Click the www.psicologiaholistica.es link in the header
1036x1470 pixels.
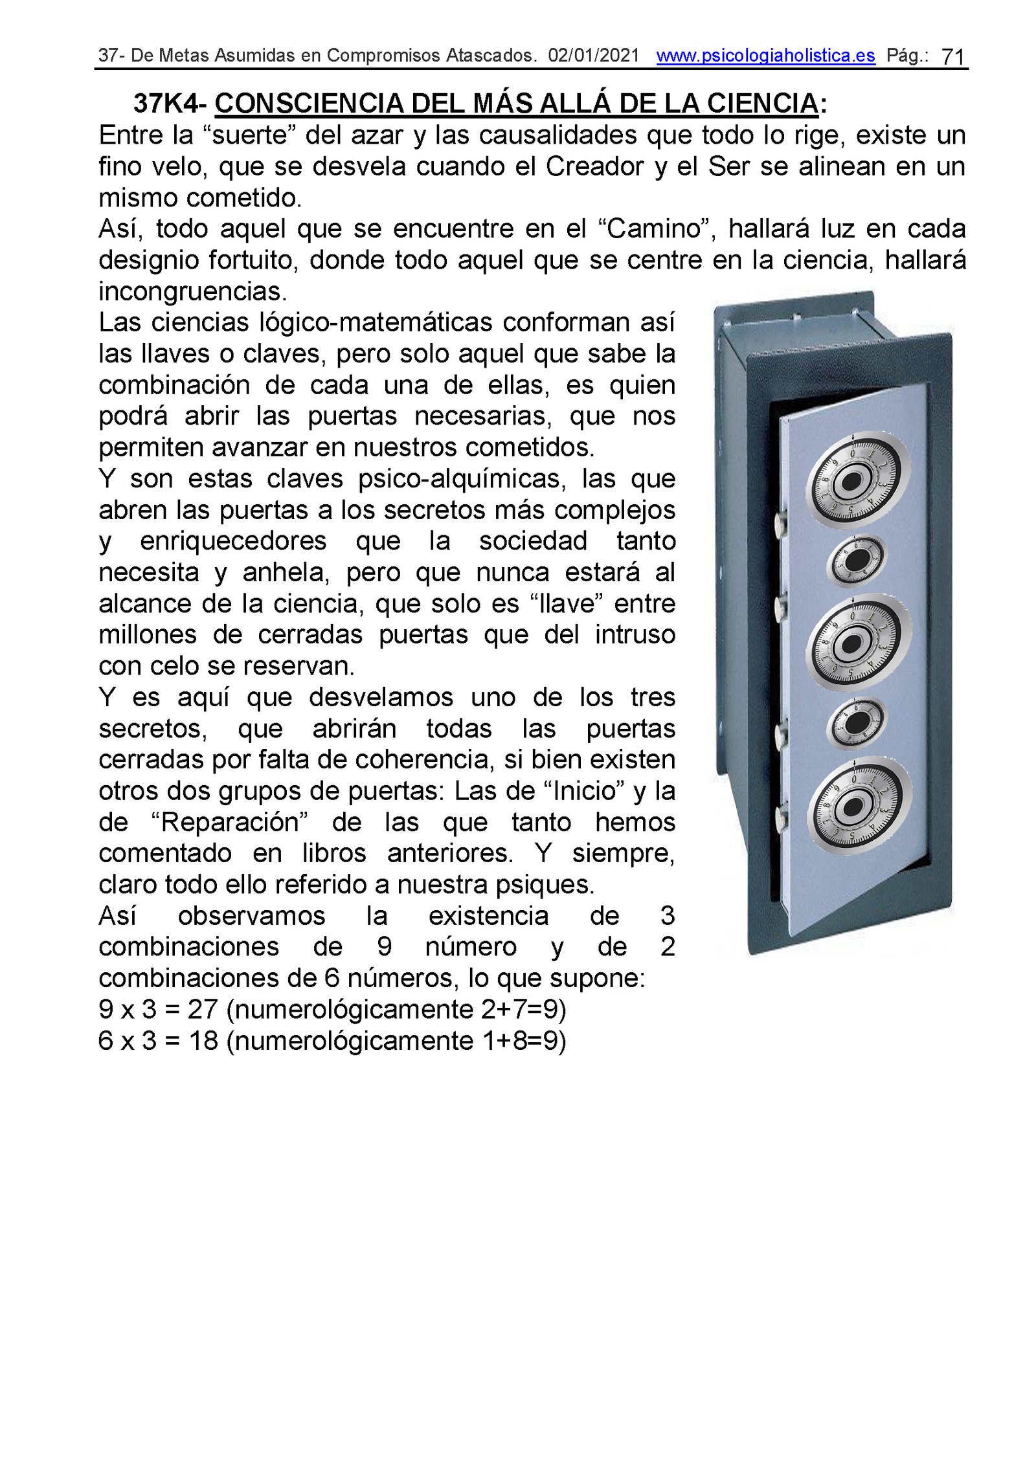pyautogui.click(x=765, y=56)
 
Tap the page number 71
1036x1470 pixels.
pyautogui.click(x=952, y=57)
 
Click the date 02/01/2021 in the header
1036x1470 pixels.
pyautogui.click(x=593, y=56)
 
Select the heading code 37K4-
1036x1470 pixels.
pyautogui.click(x=169, y=104)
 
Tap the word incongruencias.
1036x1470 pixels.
pyautogui.click(x=192, y=292)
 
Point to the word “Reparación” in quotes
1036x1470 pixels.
pyautogui.click(x=229, y=823)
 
